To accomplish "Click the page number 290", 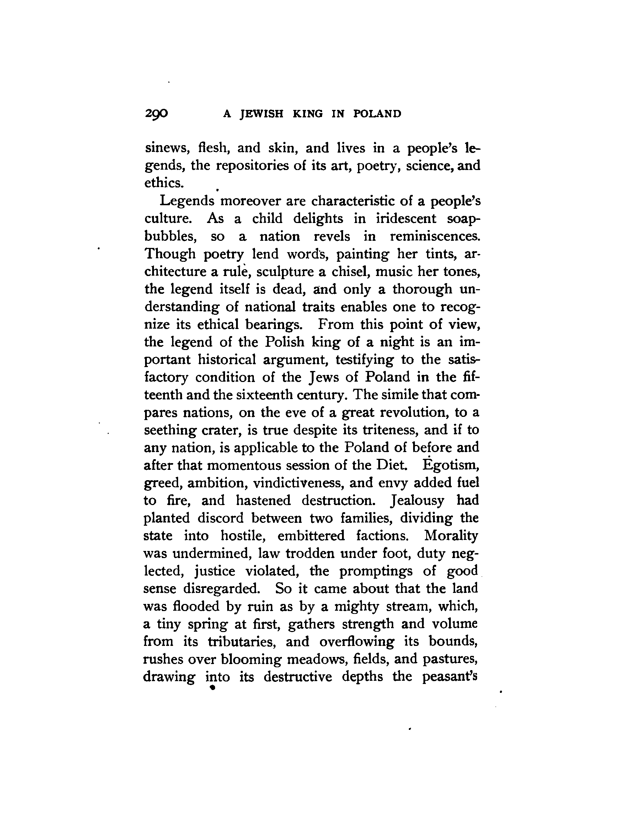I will pyautogui.click(x=156, y=113).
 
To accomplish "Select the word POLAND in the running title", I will pyautogui.click(x=377, y=114).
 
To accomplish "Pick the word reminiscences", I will pyautogui.click(x=435, y=236).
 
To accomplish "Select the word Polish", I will pyautogui.click(x=285, y=342).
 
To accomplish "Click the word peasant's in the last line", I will pyautogui.click(x=450, y=677).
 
